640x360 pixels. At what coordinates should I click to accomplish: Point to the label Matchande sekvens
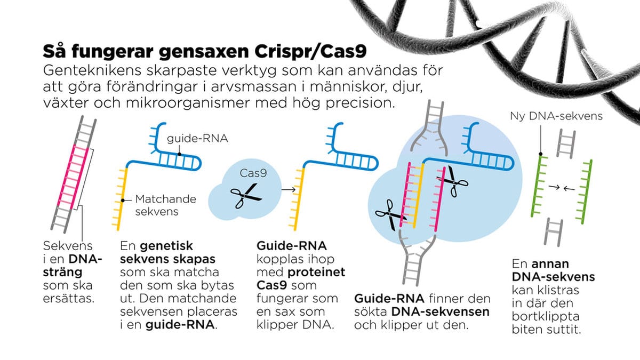[165, 205]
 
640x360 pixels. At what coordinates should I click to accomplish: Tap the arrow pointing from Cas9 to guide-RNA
[289, 189]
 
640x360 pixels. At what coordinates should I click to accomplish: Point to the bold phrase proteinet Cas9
[301, 278]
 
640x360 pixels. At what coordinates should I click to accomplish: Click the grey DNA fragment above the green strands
[565, 143]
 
